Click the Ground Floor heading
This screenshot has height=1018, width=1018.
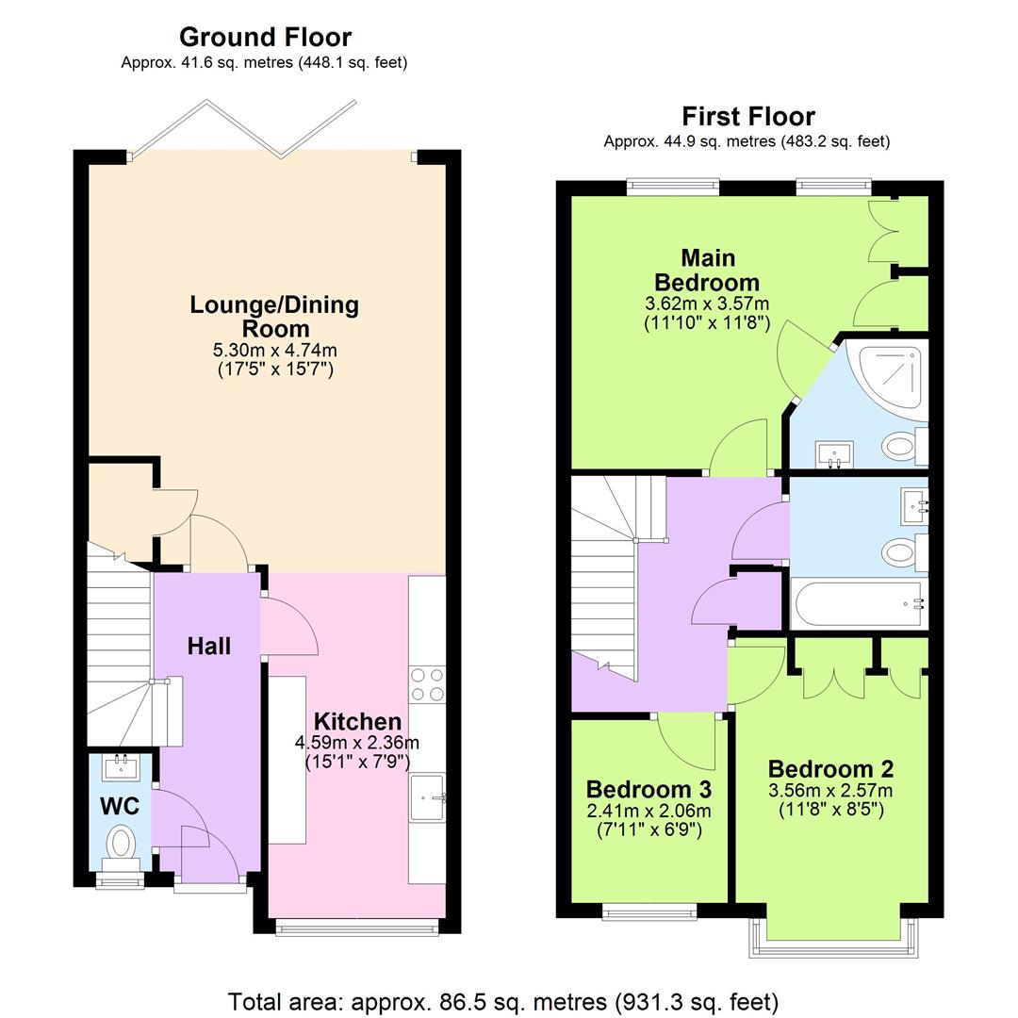click(x=265, y=38)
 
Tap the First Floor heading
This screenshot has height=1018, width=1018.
click(x=747, y=117)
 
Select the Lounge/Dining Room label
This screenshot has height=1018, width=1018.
click(x=274, y=317)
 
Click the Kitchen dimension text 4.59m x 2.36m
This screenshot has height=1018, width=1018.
click(x=356, y=743)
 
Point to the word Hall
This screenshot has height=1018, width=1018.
click(x=208, y=647)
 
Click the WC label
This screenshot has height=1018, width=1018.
click(x=120, y=807)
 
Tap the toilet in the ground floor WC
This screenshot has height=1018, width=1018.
click(x=121, y=841)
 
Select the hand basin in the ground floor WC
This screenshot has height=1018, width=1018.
click(x=121, y=767)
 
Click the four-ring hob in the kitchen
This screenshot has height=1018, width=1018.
click(x=427, y=683)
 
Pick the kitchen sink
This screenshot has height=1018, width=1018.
click(x=427, y=799)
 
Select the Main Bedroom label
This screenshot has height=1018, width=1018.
click(x=707, y=271)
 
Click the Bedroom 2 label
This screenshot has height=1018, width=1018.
click(x=830, y=768)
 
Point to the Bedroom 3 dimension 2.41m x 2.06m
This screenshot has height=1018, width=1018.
click(x=649, y=812)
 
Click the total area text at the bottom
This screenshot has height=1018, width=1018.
click(x=503, y=1001)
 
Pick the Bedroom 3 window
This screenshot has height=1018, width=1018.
click(x=649, y=911)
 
